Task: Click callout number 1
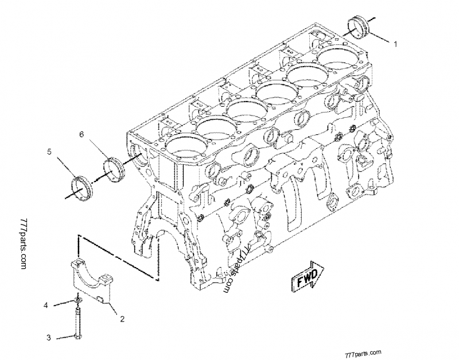395,44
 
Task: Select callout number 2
121,316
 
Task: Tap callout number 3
49,338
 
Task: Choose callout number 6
81,134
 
